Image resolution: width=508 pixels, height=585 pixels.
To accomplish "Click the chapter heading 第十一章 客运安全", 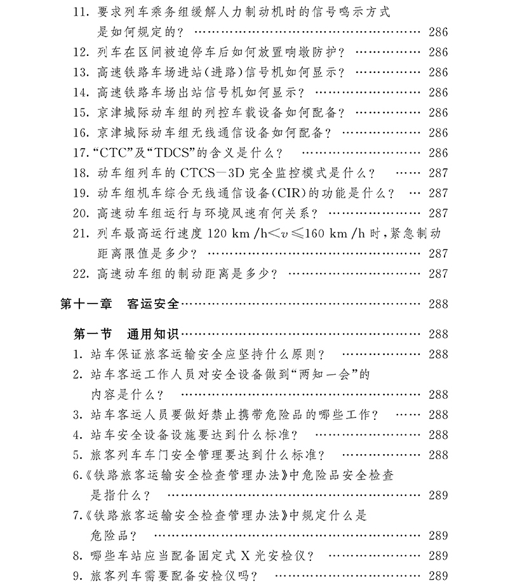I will tap(121, 304).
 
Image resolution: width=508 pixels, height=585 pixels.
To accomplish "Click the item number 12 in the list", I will tap(81, 52).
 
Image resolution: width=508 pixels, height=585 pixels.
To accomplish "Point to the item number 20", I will tap(81, 213).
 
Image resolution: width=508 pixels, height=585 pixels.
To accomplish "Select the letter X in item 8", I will tap(245, 556).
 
